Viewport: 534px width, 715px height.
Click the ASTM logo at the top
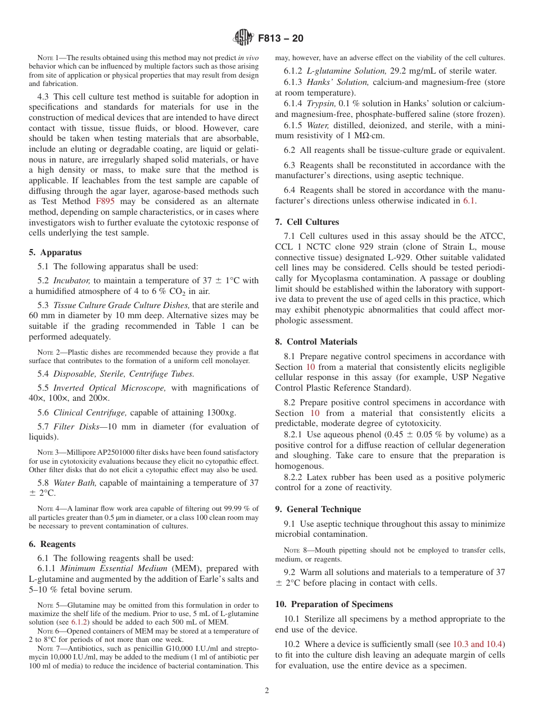click(x=243, y=38)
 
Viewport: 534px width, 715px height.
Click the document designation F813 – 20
click(x=280, y=39)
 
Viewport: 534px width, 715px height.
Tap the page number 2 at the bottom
click(x=267, y=691)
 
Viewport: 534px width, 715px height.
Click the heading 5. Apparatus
click(x=55, y=252)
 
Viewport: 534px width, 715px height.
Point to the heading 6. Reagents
click(x=52, y=544)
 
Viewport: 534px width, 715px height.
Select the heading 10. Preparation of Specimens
click(x=334, y=604)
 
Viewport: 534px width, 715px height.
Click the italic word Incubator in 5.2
click(x=71, y=281)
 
